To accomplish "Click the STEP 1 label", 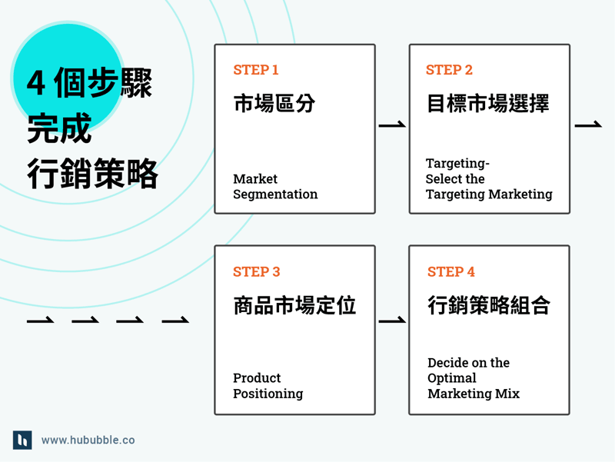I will (x=256, y=70).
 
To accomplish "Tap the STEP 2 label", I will (x=449, y=70).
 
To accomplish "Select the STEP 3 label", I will (x=256, y=272).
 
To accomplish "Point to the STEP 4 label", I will (x=450, y=272).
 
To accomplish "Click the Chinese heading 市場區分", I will (x=274, y=104).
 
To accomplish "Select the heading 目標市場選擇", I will (x=488, y=104).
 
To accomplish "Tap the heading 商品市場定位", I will (x=294, y=305).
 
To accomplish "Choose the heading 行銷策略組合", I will (x=489, y=305).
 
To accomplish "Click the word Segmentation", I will (x=275, y=194).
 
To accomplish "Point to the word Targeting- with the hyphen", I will (x=457, y=164).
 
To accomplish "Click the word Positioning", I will (x=268, y=394).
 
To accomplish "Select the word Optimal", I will (x=452, y=378).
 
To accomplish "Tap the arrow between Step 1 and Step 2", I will (x=392, y=125).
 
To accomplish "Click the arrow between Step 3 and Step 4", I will (x=392, y=321).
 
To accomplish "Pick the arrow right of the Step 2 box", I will (x=588, y=125).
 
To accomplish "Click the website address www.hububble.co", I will (x=88, y=440).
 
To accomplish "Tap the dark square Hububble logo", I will (x=22, y=440).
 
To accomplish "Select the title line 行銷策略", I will (x=92, y=174).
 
